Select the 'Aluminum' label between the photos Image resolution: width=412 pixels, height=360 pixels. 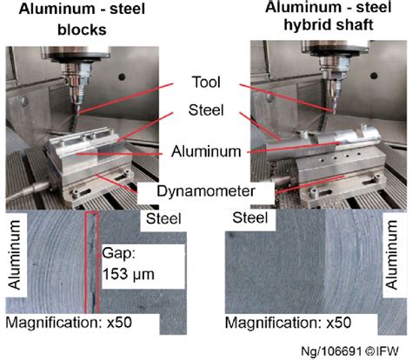[x=205, y=150]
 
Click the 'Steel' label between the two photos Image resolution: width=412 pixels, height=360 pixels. [x=205, y=110]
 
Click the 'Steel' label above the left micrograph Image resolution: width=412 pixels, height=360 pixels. [x=165, y=218]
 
